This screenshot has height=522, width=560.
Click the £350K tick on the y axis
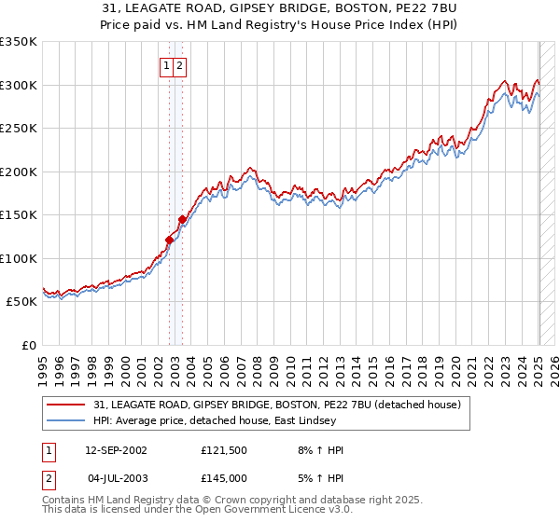click(19, 42)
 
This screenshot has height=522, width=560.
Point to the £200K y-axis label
click(19, 172)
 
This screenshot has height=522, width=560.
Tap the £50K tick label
click(22, 302)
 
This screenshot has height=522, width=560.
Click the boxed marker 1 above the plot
click(166, 65)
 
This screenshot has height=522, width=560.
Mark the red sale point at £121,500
click(169, 240)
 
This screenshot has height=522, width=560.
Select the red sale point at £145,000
click(182, 220)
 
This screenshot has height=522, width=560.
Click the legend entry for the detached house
click(277, 405)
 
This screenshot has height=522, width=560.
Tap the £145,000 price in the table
click(223, 477)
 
